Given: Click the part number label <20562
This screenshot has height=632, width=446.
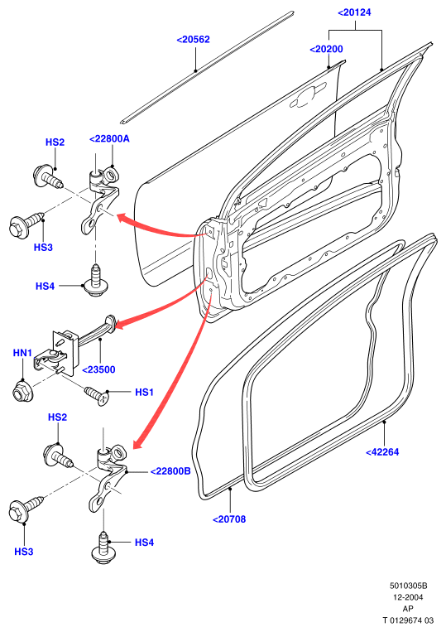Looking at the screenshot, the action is coord(194,40).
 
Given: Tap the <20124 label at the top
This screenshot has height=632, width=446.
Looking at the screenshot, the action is coord(354,12).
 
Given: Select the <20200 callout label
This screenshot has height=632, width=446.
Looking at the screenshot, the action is coord(327,49).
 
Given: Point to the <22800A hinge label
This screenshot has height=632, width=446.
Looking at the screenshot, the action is coord(109,138).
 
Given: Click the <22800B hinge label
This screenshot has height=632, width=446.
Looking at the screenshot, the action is coord(170,470).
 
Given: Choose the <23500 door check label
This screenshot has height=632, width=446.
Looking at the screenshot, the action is coord(98,369).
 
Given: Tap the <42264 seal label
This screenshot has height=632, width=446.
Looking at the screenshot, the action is coord(382,451).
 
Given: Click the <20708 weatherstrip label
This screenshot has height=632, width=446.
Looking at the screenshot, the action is coord(229,519).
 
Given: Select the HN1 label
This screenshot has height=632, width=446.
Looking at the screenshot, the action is coord(22,353).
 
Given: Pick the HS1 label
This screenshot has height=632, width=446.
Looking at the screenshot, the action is coord(144,392).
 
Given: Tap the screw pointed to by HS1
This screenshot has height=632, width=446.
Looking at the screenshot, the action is coord(96,395).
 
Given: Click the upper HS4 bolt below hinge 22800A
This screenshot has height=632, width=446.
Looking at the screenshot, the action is coord(95,281).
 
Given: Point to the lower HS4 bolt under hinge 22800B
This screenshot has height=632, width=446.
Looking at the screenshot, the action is coord(103,548).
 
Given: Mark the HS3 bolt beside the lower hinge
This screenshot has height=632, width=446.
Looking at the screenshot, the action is coord(25,507).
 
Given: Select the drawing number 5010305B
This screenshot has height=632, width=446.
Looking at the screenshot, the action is coord(408,586).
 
